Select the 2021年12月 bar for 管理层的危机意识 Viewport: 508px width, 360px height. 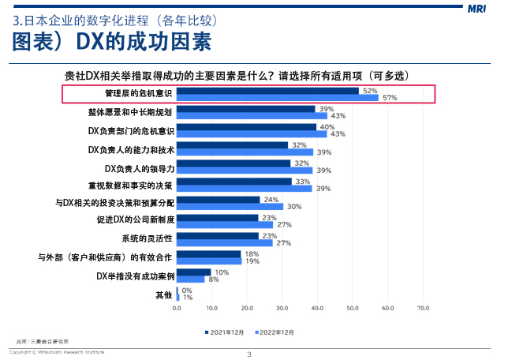click(268, 91)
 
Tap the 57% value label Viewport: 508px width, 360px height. click(389, 98)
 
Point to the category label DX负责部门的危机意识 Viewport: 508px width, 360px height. click(130, 129)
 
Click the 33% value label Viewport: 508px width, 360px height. click(301, 182)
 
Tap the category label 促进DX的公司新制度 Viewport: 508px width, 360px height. click(135, 219)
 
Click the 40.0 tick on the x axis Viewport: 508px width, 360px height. click(317, 308)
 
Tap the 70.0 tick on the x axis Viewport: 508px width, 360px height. click(422, 308)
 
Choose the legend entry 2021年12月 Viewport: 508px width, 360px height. click(228, 332)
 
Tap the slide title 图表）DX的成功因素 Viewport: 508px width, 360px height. click(112, 41)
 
